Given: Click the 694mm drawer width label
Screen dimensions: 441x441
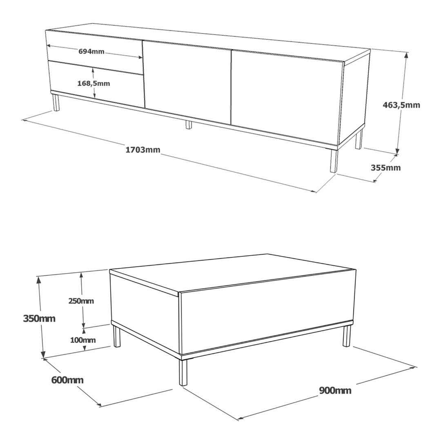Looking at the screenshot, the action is pos(91,51).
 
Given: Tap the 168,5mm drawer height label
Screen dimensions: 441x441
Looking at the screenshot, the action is pos(94,84).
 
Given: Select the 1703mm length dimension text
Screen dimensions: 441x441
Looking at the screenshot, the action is pos(143,150).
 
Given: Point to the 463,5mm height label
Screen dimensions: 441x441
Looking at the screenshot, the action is pos(401,105).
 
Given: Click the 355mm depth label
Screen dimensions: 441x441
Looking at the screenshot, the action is pos(385,168).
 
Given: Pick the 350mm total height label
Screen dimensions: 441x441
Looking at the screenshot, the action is pos(39,319).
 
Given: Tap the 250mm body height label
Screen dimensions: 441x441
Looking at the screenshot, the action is pos(81,301).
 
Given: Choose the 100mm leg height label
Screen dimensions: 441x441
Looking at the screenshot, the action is pos(82,340).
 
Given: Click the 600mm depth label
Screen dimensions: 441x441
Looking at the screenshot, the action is pos(67,380).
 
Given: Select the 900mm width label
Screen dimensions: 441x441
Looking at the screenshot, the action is pos(335,391).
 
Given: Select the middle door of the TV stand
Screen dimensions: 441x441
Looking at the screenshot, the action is pos(188,82).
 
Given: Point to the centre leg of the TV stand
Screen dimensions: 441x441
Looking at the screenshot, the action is pos(188,125).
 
